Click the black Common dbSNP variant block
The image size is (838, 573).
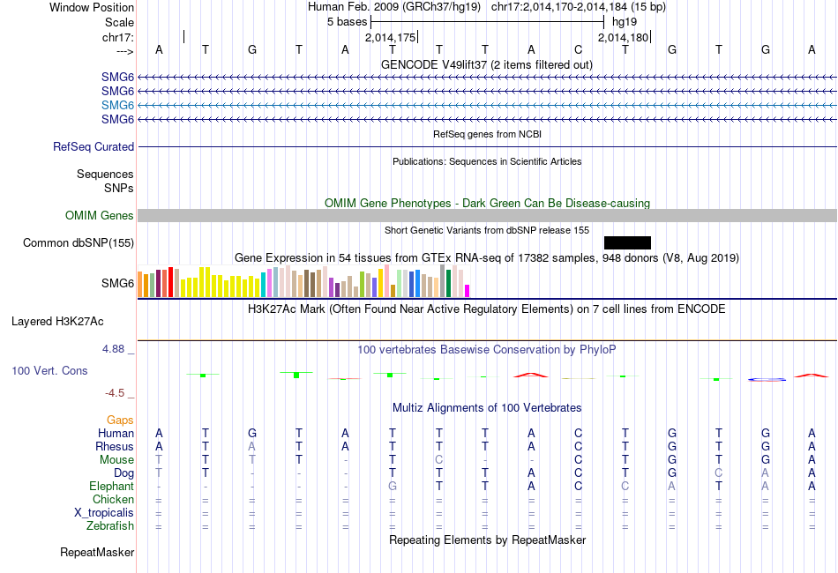pyautogui.click(x=627, y=242)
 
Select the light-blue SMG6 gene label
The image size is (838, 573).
pyautogui.click(x=117, y=105)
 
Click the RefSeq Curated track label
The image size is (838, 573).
pyautogui.click(x=94, y=147)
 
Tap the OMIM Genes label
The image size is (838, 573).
pyautogui.click(x=100, y=216)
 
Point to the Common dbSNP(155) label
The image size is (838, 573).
pyautogui.click(x=79, y=242)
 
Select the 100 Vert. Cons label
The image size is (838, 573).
pyautogui.click(x=49, y=371)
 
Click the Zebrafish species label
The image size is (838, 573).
pyautogui.click(x=111, y=526)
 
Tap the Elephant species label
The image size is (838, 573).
pyautogui.click(x=111, y=487)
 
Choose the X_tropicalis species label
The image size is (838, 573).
pyautogui.click(x=104, y=513)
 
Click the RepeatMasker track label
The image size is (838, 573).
pyautogui.click(x=97, y=553)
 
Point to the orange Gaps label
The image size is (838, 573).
pyautogui.click(x=120, y=420)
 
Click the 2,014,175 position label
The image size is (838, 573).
pyautogui.click(x=389, y=38)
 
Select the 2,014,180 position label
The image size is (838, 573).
pyautogui.click(x=623, y=38)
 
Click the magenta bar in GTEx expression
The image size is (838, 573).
pyautogui.click(x=468, y=291)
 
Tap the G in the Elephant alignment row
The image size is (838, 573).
pyautogui.click(x=393, y=487)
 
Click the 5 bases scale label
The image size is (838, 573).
pyautogui.click(x=347, y=20)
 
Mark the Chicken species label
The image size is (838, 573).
pyautogui.click(x=113, y=500)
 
